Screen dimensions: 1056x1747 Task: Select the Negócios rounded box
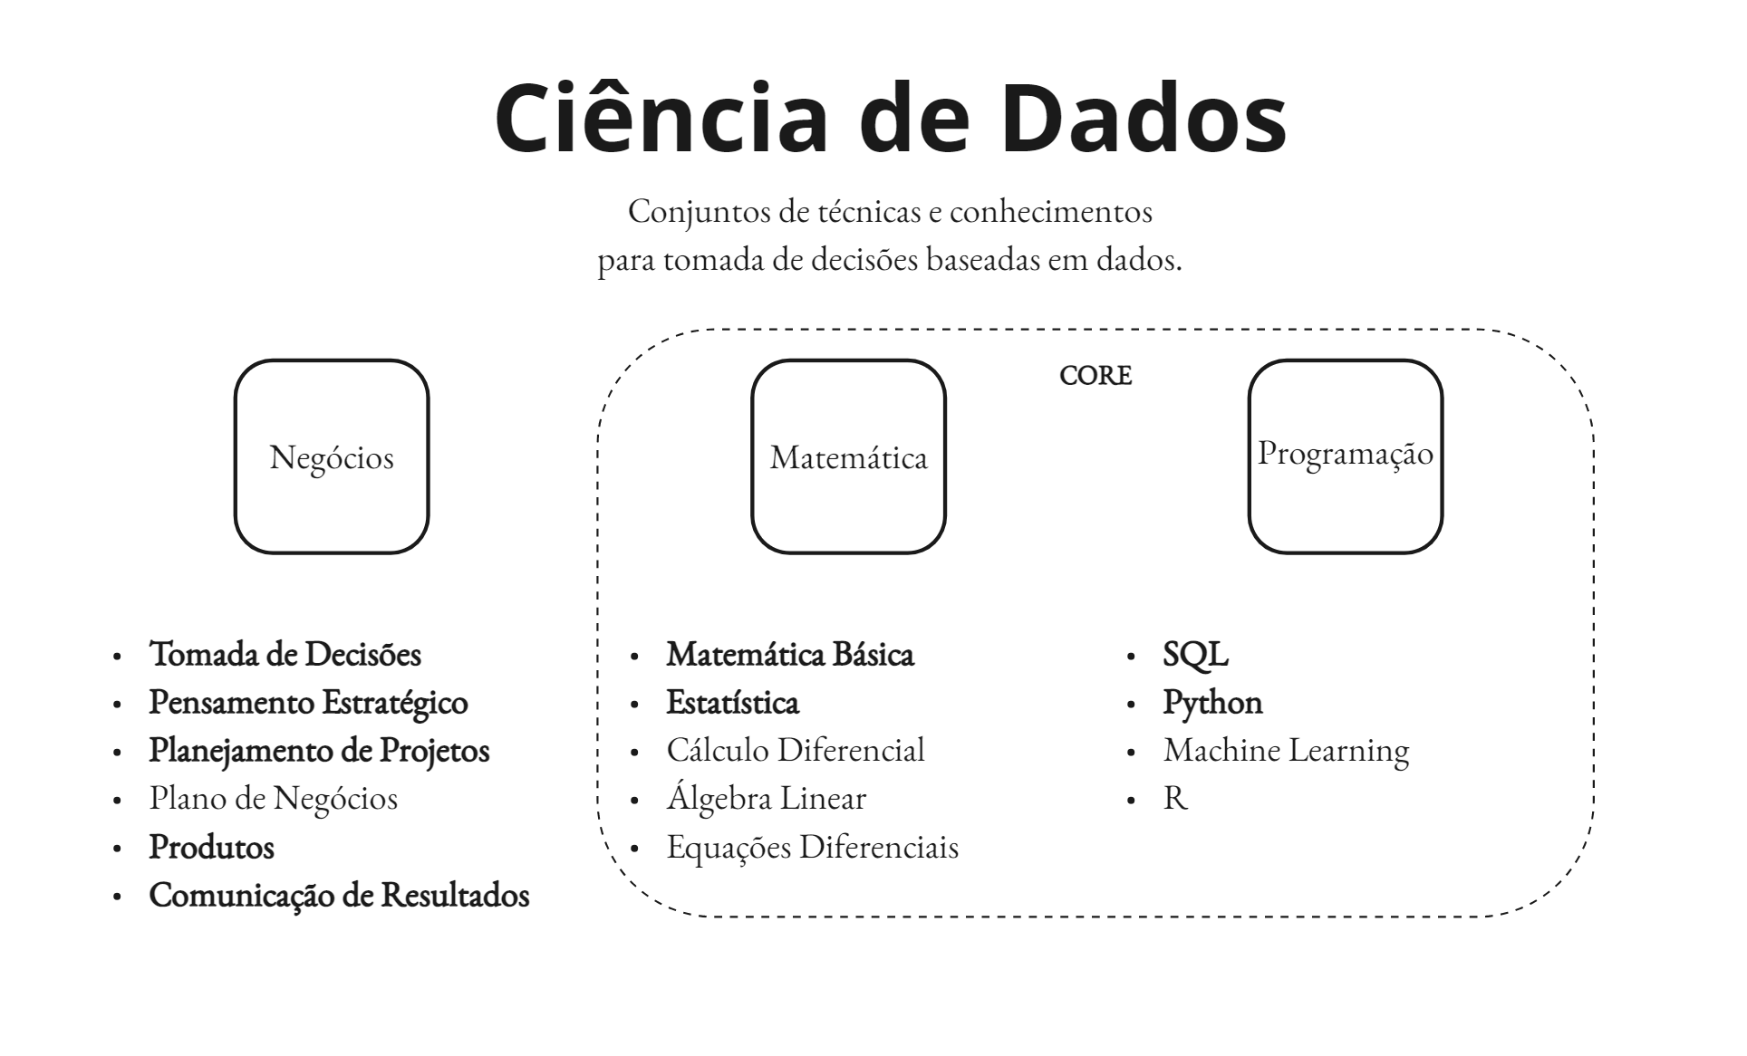pos(332,456)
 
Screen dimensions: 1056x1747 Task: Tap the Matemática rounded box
pos(849,456)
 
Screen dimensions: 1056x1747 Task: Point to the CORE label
pos(1095,375)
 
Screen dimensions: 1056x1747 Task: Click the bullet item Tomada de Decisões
pos(285,654)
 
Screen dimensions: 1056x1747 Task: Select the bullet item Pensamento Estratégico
pos(308,702)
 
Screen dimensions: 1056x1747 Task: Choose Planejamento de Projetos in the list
pos(319,750)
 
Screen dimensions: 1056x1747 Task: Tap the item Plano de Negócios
pos(273,798)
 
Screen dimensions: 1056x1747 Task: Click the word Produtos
pos(211,847)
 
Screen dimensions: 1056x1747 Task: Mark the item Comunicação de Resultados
pos(339,895)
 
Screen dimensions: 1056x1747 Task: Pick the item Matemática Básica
pos(790,654)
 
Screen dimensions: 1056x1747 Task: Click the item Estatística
pos(732,702)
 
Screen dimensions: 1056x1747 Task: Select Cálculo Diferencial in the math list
pos(796,750)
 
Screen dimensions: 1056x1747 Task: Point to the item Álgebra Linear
pos(766,798)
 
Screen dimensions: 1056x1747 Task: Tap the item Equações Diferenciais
pos(812,847)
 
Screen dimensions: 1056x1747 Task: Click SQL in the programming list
pos(1195,654)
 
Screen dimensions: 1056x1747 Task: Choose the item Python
pos(1212,702)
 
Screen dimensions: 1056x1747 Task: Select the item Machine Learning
pos(1286,750)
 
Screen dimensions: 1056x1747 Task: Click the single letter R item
pos(1174,798)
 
